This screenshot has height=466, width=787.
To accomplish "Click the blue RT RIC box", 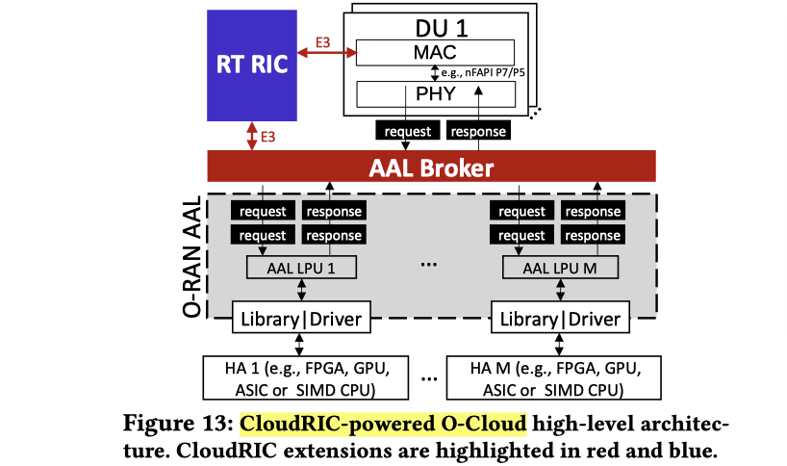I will (x=251, y=65).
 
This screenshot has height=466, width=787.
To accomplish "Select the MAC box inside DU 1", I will (x=435, y=51).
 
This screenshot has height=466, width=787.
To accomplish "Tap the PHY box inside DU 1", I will (x=435, y=93).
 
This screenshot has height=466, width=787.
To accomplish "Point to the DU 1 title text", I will (x=435, y=21).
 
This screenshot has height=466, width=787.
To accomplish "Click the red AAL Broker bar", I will (x=431, y=168).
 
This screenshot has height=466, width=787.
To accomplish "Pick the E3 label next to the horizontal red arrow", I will (x=325, y=42).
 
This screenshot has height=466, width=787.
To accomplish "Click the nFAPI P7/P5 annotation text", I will (x=487, y=73).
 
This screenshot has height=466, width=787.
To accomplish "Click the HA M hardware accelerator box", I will (x=557, y=378).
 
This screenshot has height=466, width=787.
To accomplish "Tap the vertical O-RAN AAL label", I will (x=192, y=256).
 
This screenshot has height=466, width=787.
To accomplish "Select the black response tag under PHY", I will (x=477, y=131).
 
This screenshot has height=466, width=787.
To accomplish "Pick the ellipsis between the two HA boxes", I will (x=429, y=377).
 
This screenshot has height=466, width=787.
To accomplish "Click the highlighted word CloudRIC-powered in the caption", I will (x=333, y=424).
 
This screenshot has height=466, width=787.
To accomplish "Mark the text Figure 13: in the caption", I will (x=180, y=424).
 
